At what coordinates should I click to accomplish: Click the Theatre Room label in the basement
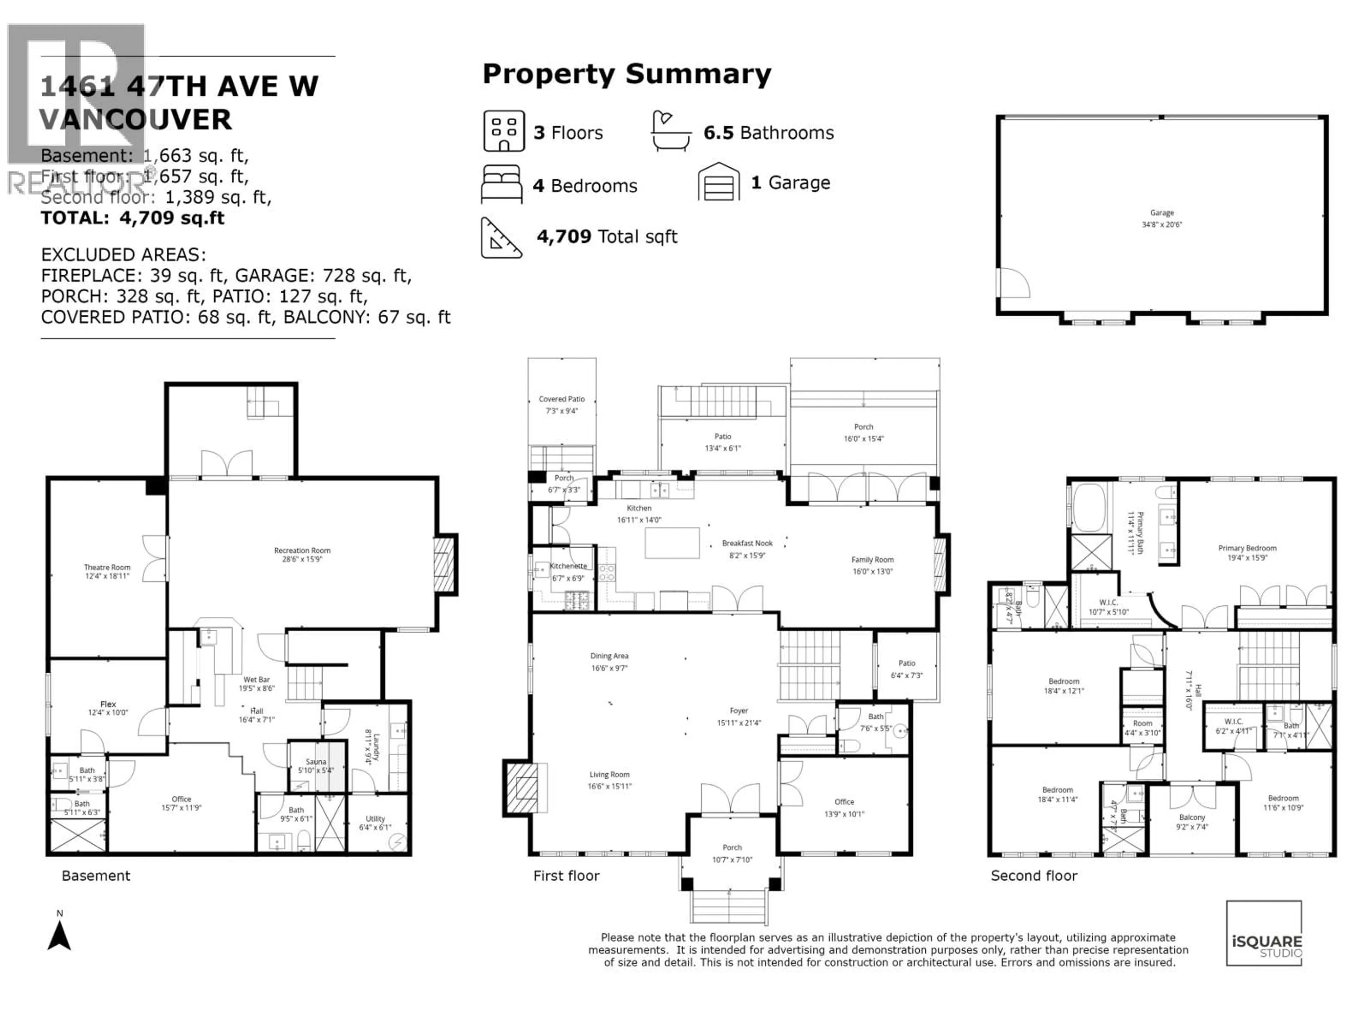coord(107,567)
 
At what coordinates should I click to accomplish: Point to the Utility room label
coord(375,818)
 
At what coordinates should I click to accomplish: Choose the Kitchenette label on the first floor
coord(568,566)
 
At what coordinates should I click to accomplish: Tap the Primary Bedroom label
coord(1247,548)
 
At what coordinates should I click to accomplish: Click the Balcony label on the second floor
coord(1192,817)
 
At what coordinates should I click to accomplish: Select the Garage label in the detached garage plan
coord(1162,212)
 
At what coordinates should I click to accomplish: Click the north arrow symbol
coord(60,935)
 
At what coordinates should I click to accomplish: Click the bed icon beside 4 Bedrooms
coord(501,184)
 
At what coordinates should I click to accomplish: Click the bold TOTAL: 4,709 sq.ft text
coord(133,218)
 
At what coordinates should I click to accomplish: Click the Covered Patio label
coord(562,399)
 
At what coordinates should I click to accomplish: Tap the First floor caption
coord(566,876)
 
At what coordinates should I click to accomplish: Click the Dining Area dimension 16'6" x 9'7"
coord(609,668)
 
